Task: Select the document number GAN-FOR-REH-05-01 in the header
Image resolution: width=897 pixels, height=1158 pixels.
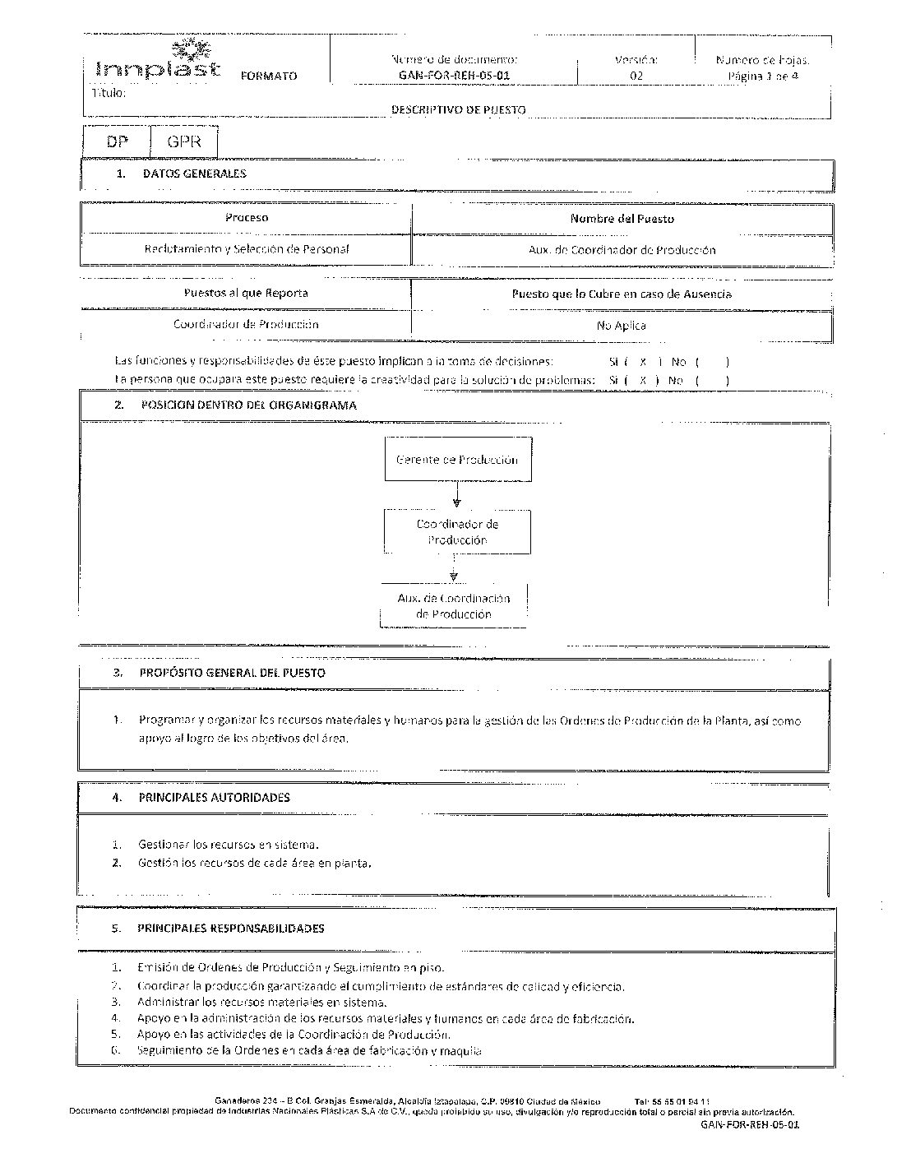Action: [x=454, y=76]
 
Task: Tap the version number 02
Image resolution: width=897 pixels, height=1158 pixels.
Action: [x=636, y=76]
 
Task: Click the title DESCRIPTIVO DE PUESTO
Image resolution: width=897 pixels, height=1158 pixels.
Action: [x=458, y=109]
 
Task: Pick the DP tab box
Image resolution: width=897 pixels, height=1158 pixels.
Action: [x=117, y=141]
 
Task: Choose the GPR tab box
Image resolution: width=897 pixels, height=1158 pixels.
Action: [x=183, y=141]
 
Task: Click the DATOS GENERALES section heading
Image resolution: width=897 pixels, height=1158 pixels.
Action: [x=194, y=174]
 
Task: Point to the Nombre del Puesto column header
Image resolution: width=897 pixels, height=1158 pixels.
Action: [x=622, y=219]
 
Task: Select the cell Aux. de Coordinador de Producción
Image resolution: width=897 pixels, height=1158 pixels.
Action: [x=622, y=250]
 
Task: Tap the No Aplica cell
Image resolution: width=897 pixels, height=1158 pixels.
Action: [x=621, y=326]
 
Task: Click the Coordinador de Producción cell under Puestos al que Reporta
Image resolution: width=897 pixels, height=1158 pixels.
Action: [x=245, y=324]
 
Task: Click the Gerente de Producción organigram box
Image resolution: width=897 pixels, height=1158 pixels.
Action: [x=457, y=460]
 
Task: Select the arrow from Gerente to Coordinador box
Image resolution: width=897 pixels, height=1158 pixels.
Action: [x=456, y=495]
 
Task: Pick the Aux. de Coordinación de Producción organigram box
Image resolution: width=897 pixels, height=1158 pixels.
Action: [x=453, y=607]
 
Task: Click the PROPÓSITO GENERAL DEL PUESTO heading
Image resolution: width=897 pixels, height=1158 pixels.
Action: [x=232, y=673]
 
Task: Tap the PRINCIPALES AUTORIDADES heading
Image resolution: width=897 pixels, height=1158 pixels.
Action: [x=214, y=797]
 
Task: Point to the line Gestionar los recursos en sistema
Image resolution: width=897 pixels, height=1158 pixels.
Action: [x=228, y=845]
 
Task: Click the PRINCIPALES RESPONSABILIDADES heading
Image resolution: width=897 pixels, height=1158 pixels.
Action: [x=230, y=929]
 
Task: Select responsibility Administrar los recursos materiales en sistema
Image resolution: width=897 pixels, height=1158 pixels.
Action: [x=261, y=1003]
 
